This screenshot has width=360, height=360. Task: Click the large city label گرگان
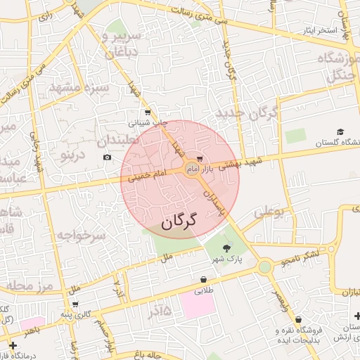[x=180, y=223]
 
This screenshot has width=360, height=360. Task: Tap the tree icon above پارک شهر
[x=226, y=248]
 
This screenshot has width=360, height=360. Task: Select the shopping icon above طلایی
[x=203, y=280]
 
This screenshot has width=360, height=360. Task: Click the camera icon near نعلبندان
[x=107, y=157]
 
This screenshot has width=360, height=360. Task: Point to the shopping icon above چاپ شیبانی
[x=147, y=112]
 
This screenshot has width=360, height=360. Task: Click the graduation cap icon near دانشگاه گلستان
[x=341, y=132]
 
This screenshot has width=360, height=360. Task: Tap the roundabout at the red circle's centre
[x=192, y=168]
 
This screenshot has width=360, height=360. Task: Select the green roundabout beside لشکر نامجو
[x=264, y=267]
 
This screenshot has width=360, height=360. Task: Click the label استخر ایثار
[x=302, y=31]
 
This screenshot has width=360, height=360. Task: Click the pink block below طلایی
[x=198, y=304]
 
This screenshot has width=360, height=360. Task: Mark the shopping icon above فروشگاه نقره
[x=299, y=320]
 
